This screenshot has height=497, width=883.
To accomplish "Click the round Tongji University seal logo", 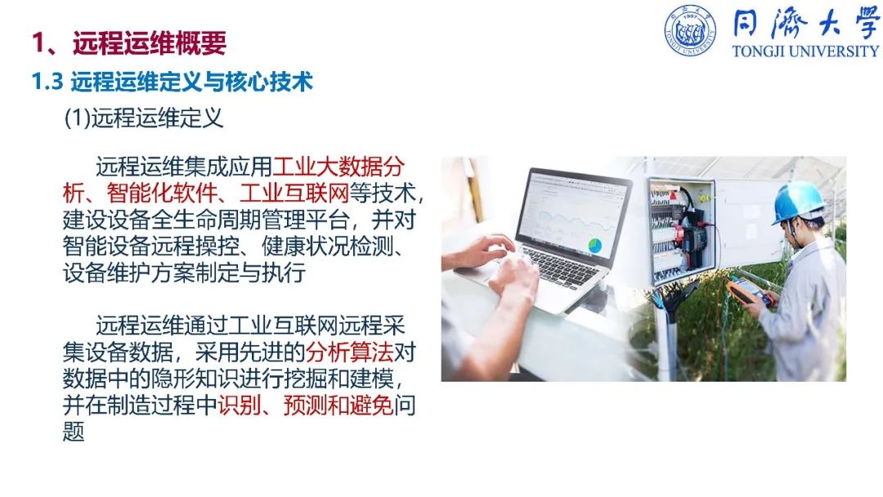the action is [690, 31].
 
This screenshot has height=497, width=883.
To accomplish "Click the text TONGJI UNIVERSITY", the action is [805, 51].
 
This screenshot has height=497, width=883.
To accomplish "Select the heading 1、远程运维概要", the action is [129, 43].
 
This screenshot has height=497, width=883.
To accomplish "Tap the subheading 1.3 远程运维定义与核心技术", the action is [173, 83].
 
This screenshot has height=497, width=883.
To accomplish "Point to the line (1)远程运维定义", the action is [144, 119].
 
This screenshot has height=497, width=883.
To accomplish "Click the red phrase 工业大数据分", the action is [338, 167].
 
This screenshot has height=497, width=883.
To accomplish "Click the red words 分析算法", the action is [349, 352].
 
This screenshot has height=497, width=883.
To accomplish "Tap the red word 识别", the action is [240, 405].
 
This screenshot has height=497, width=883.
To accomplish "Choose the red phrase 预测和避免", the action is [338, 405].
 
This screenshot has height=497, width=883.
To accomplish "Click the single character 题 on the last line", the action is [74, 432].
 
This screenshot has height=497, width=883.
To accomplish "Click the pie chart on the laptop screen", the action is [594, 245].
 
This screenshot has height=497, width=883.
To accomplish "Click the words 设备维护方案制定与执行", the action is [184, 273].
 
